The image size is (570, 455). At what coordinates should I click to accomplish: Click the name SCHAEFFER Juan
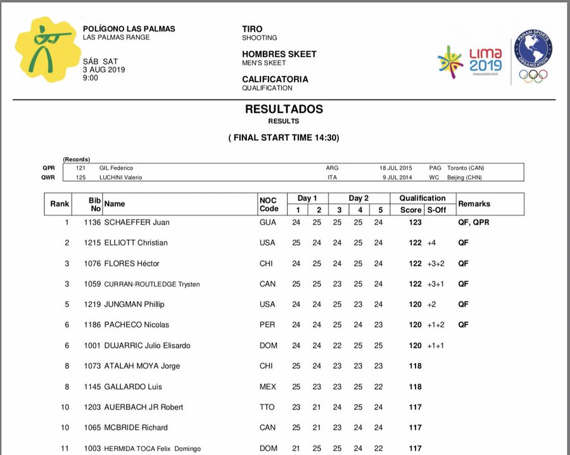[137, 222]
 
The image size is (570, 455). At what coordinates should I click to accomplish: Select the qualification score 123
[415, 222]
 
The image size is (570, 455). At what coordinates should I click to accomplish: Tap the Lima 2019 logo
[470, 61]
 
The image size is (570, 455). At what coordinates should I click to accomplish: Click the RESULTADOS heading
[284, 109]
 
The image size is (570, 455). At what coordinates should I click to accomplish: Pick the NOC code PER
[267, 325]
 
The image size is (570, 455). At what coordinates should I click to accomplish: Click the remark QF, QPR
[473, 222]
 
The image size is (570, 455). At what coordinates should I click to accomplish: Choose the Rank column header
[60, 204]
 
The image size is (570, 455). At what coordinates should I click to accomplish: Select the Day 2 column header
[358, 198]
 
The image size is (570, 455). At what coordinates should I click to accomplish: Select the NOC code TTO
[267, 407]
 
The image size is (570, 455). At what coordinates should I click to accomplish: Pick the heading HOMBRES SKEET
[279, 54]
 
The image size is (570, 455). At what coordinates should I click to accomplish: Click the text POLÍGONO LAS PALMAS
[129, 29]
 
